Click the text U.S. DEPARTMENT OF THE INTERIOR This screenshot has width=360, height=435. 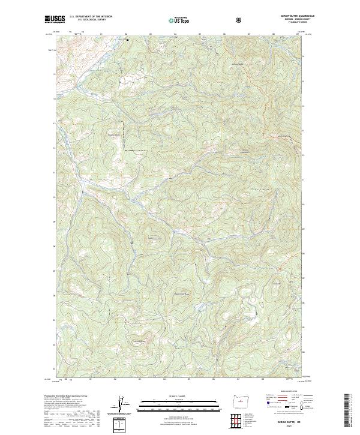pyautogui.click(x=91, y=17)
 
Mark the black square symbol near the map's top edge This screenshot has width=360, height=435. pyautogui.click(x=127, y=40)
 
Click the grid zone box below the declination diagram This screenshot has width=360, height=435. pyautogui.click(x=122, y=424)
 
